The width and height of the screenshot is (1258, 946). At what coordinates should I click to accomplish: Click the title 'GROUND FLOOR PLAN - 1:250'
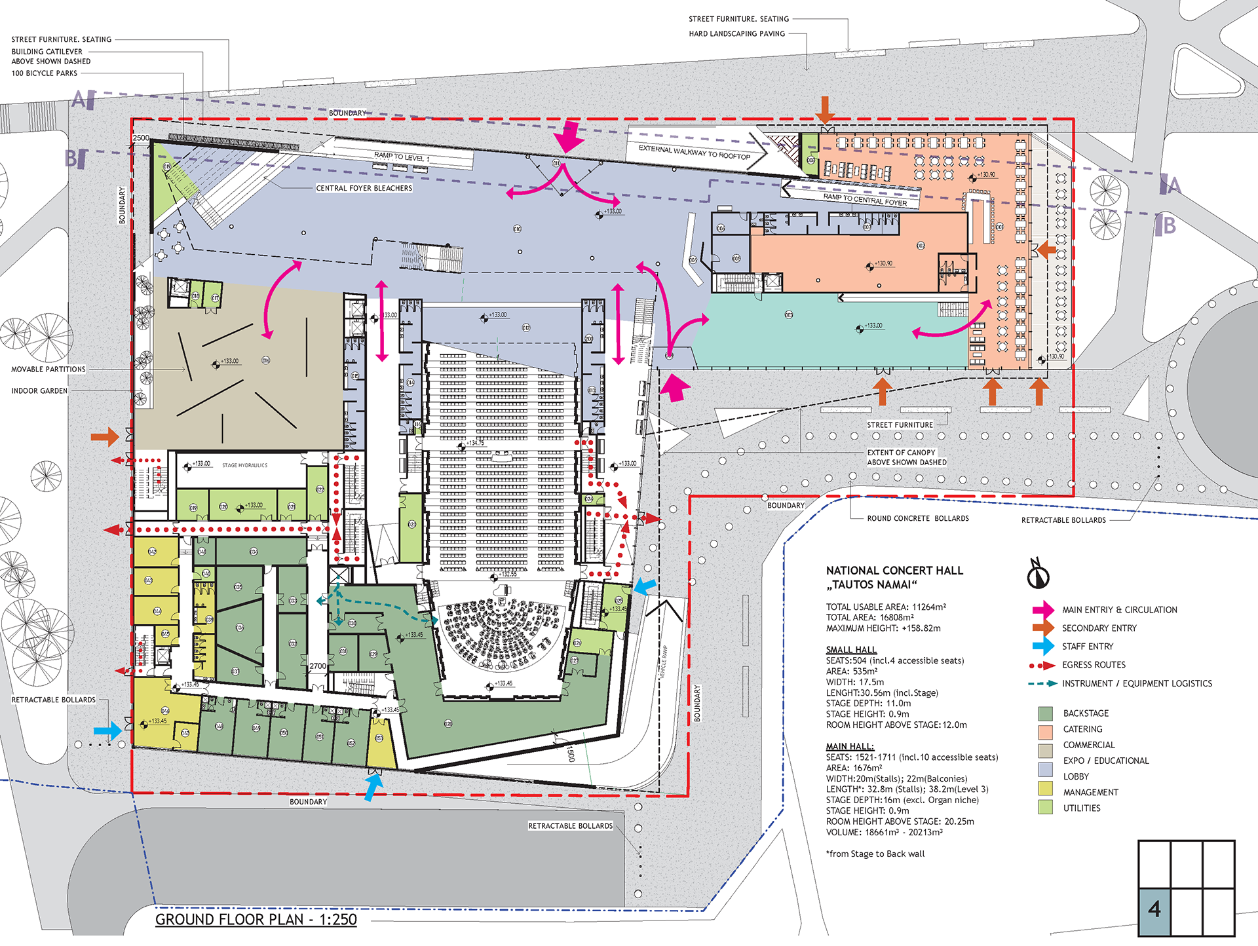coord(256,919)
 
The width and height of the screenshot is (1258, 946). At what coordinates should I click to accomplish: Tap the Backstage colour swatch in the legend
coord(1046,713)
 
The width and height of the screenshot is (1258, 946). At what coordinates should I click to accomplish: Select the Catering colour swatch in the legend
coord(1046,730)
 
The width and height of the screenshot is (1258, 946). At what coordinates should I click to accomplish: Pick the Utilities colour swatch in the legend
coord(1046,808)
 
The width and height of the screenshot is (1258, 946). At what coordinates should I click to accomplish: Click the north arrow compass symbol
coord(1038,574)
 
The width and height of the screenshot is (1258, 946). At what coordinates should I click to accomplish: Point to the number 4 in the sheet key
coord(1154,910)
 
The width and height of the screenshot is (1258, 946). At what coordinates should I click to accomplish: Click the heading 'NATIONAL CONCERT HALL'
coord(894,571)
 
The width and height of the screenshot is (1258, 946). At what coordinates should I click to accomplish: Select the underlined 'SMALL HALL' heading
coord(851,650)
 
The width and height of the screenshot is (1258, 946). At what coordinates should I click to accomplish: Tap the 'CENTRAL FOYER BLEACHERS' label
coord(364,189)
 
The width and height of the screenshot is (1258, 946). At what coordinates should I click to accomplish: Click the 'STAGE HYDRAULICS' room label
coord(244,466)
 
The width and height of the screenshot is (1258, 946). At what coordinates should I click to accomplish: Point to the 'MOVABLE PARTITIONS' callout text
coord(48,369)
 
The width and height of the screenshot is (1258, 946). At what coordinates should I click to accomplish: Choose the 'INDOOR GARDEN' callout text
coord(39,391)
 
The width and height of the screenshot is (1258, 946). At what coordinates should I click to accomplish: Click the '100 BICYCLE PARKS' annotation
coord(45,73)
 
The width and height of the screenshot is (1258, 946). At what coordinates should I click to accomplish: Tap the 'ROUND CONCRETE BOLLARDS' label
coord(918,519)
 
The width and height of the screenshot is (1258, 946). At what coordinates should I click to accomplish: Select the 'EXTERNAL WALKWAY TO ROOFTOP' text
coord(695,153)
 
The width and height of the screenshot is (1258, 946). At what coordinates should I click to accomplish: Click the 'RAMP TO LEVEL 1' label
coord(402,157)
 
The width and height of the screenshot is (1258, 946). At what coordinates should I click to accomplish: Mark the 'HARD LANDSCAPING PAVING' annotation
coord(736,34)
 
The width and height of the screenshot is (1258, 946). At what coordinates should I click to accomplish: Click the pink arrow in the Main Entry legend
coord(1042,610)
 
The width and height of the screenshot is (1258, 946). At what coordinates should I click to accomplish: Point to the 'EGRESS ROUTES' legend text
coord(1094,665)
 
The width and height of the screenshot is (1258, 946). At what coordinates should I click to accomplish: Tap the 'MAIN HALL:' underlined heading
coord(850,747)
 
